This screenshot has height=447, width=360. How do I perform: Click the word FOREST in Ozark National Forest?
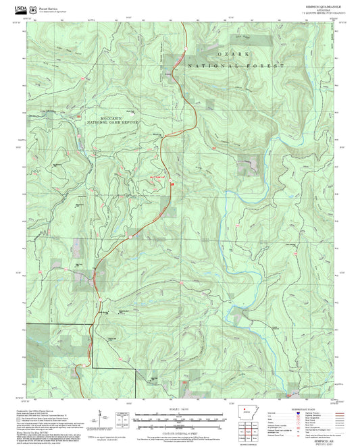269,65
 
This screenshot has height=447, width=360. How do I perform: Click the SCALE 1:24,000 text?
179,409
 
